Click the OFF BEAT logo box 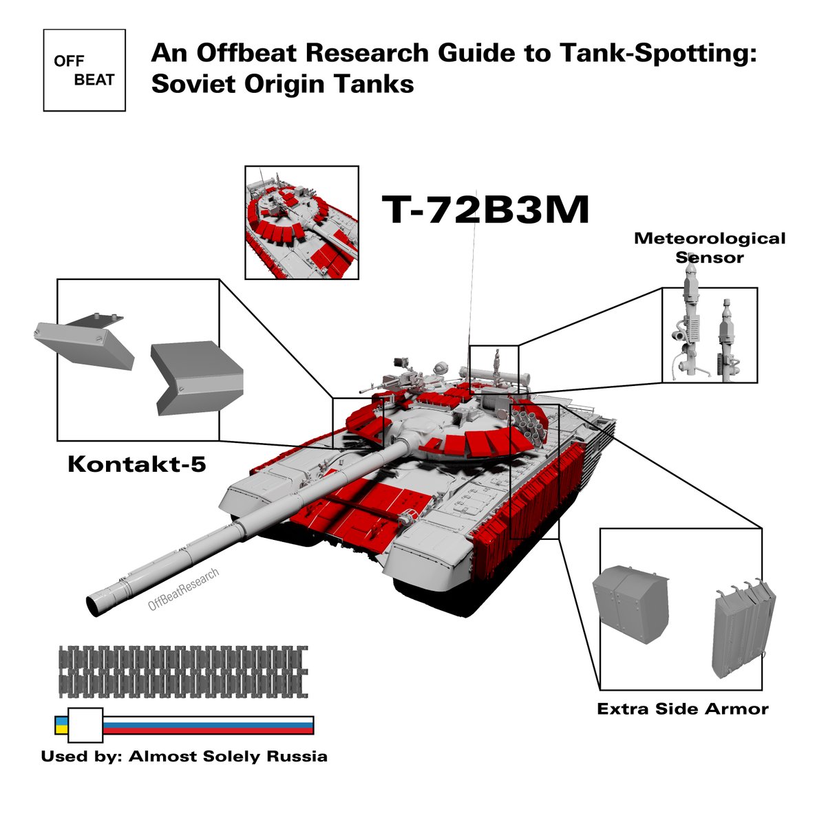84,70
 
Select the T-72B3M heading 485,210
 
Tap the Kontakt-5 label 136,464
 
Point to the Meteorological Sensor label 709,248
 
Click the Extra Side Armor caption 682,709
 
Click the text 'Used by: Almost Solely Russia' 184,757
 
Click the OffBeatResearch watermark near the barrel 184,590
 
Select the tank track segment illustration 183,670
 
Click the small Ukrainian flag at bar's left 61,725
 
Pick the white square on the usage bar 85,725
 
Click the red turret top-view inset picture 301,221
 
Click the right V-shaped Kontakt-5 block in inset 196,378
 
